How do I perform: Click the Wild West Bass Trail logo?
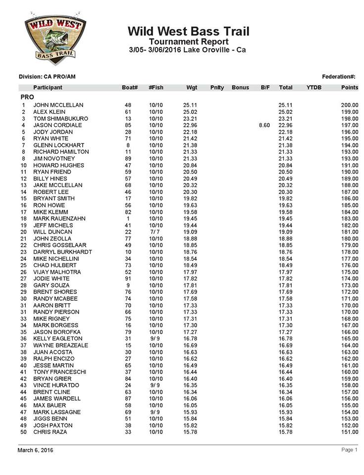(54, 38)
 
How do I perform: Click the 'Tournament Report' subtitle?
(188, 42)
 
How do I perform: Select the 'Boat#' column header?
(130, 88)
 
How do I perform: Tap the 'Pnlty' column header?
(217, 88)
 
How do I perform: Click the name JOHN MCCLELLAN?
(58, 105)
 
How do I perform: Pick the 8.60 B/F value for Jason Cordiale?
(264, 126)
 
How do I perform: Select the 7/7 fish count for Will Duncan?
(156, 232)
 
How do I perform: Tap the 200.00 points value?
(349, 105)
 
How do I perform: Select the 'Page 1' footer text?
(349, 450)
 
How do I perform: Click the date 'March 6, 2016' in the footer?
(36, 450)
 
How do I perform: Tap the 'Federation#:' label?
(339, 77)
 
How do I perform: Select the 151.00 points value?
(349, 432)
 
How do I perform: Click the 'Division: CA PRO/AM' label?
(47, 77)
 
